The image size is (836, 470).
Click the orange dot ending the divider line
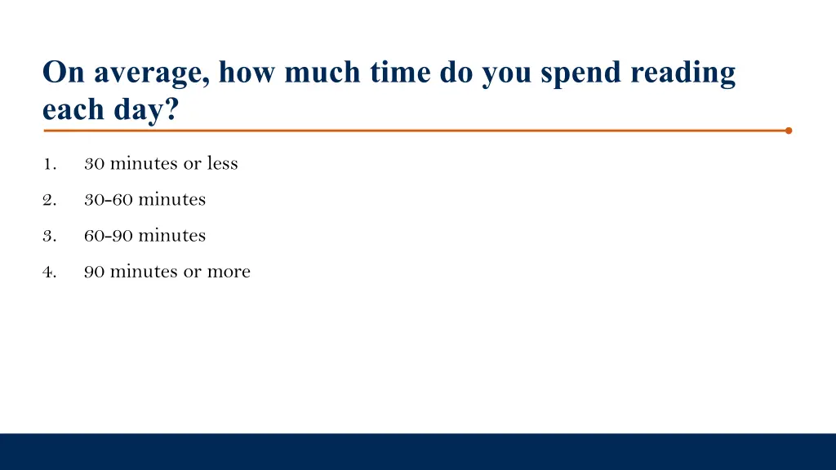[x=789, y=131]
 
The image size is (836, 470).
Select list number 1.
[x=48, y=164]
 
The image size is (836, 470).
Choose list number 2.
[x=48, y=200]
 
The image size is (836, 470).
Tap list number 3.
[x=48, y=236]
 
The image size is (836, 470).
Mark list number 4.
[x=48, y=272]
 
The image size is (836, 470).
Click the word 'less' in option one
[x=222, y=163]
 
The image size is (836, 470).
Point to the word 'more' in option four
[x=229, y=272]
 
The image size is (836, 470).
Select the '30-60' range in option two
[x=109, y=199]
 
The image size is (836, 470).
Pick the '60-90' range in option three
[x=109, y=235]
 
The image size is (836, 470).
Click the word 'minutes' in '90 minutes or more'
[x=144, y=271]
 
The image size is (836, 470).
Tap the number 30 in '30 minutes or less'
[x=94, y=163]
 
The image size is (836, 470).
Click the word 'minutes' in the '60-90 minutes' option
[x=171, y=235]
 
